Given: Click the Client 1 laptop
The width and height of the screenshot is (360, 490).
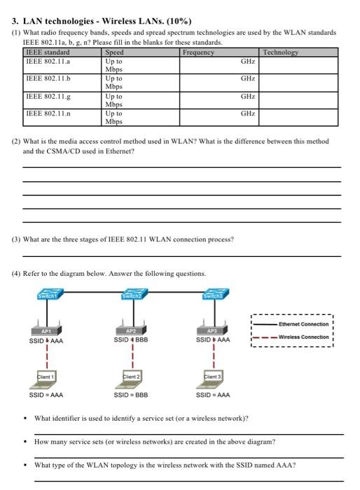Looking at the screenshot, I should pyautogui.click(x=46, y=379).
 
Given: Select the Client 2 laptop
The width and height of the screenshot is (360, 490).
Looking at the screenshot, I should pyautogui.click(x=132, y=379).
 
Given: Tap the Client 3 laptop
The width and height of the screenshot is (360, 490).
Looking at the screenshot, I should pyautogui.click(x=212, y=379).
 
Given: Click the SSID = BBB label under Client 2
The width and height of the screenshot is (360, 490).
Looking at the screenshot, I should pyautogui.click(x=132, y=395).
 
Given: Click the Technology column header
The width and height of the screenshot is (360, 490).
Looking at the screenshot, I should pyautogui.click(x=281, y=52).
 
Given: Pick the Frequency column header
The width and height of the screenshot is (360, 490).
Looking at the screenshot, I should pyautogui.click(x=199, y=52).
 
